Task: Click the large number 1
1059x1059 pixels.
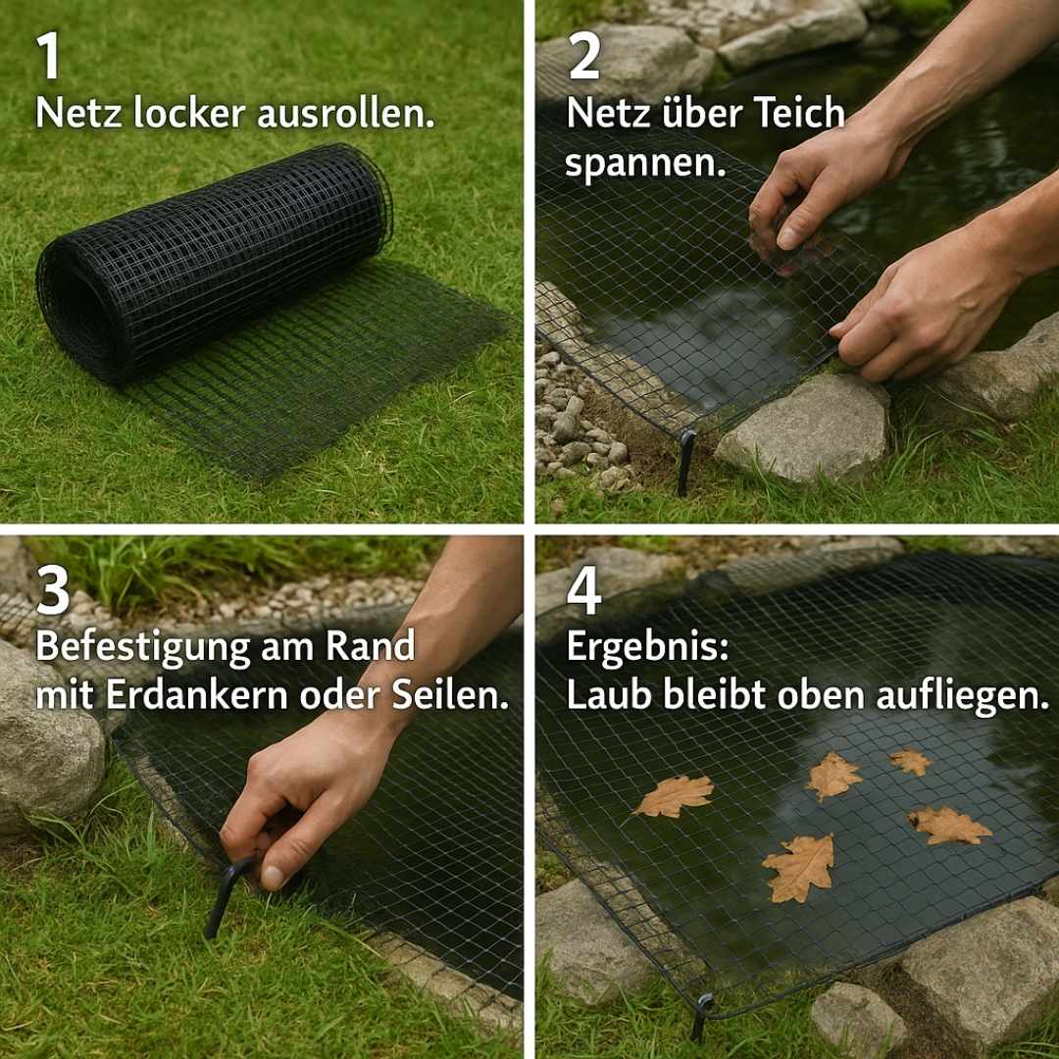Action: click(49, 57)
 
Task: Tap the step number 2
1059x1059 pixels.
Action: click(584, 57)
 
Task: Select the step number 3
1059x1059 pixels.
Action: click(53, 591)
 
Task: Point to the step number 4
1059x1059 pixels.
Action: click(584, 591)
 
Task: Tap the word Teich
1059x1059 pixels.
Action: click(797, 114)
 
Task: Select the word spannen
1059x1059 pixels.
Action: click(643, 163)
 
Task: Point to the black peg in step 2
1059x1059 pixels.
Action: click(685, 461)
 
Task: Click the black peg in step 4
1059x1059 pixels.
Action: click(700, 1015)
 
